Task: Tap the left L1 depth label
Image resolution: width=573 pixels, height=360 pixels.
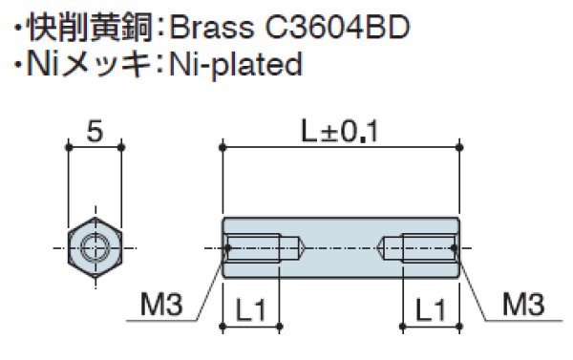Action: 250,307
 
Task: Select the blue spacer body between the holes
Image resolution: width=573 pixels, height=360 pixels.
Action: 341,247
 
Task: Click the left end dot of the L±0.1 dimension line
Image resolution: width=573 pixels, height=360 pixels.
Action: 223,146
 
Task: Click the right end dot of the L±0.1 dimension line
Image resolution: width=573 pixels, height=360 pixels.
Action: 459,146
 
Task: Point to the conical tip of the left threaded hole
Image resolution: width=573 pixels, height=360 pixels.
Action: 297,247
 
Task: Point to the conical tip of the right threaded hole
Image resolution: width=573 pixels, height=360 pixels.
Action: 385,247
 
